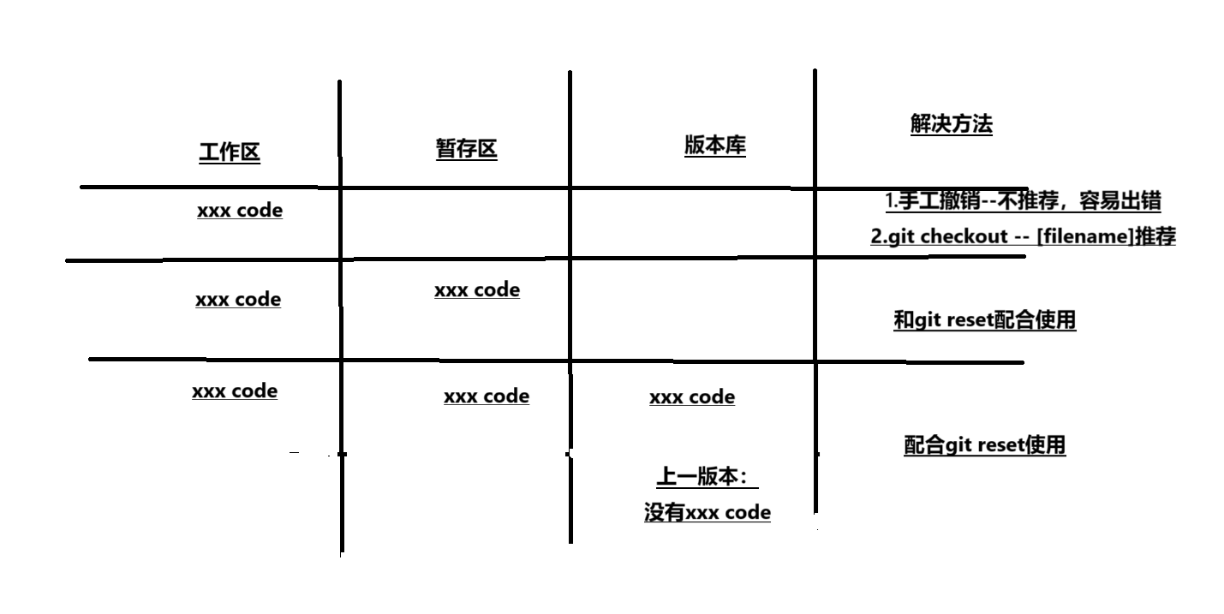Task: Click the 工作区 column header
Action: coord(230,152)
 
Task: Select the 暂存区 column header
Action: coord(466,149)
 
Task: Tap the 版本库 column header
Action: coord(714,146)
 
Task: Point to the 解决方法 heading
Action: coord(951,124)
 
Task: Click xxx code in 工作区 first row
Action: coord(240,210)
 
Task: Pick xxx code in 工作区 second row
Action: coord(238,300)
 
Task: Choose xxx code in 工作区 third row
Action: coord(235,390)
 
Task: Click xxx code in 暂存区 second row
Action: coord(477,289)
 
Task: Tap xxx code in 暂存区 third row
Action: coord(487,396)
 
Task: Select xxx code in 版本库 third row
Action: coord(692,396)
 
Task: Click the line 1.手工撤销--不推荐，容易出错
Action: coord(1023,201)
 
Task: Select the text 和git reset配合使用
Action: coord(984,320)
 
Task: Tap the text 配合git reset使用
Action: coord(984,445)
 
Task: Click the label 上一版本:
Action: coord(707,477)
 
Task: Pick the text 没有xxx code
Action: coord(707,513)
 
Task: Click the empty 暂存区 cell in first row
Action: coord(455,223)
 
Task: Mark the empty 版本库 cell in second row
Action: coord(692,308)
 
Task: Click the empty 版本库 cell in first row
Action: coord(692,223)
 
